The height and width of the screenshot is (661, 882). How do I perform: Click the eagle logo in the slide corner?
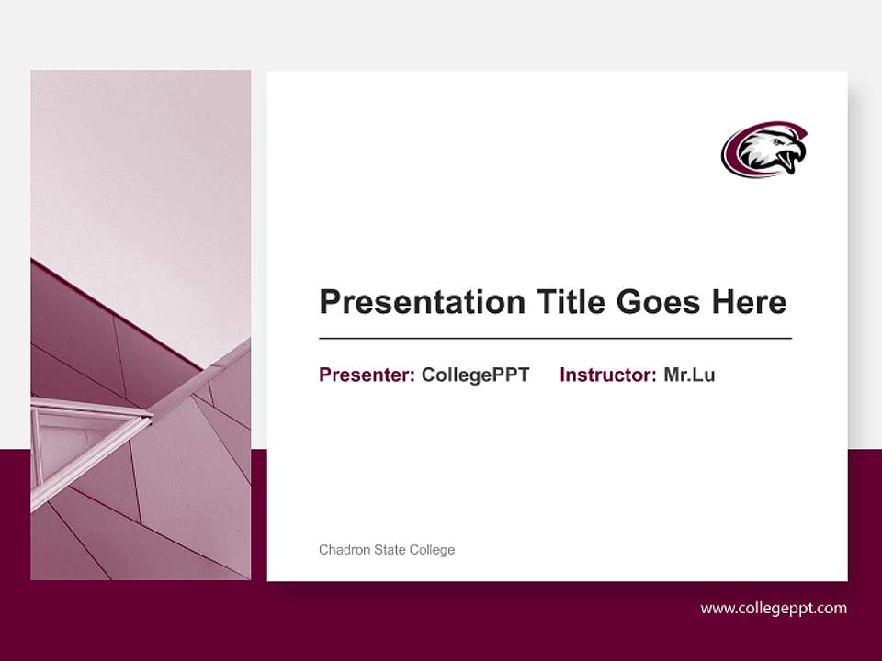pos(764,150)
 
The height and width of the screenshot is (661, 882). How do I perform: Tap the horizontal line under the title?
pos(555,339)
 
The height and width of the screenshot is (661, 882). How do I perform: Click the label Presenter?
pos(367,375)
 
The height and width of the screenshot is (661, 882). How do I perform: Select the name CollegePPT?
pos(475,375)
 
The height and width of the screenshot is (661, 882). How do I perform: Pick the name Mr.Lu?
pos(689,375)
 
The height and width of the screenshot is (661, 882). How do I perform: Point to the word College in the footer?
pos(433,550)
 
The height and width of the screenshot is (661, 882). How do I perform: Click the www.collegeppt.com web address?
pos(774,608)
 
